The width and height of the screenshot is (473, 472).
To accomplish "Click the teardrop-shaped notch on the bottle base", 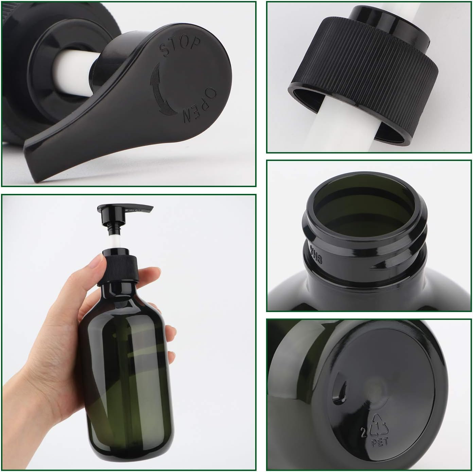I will (x=340, y=389).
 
